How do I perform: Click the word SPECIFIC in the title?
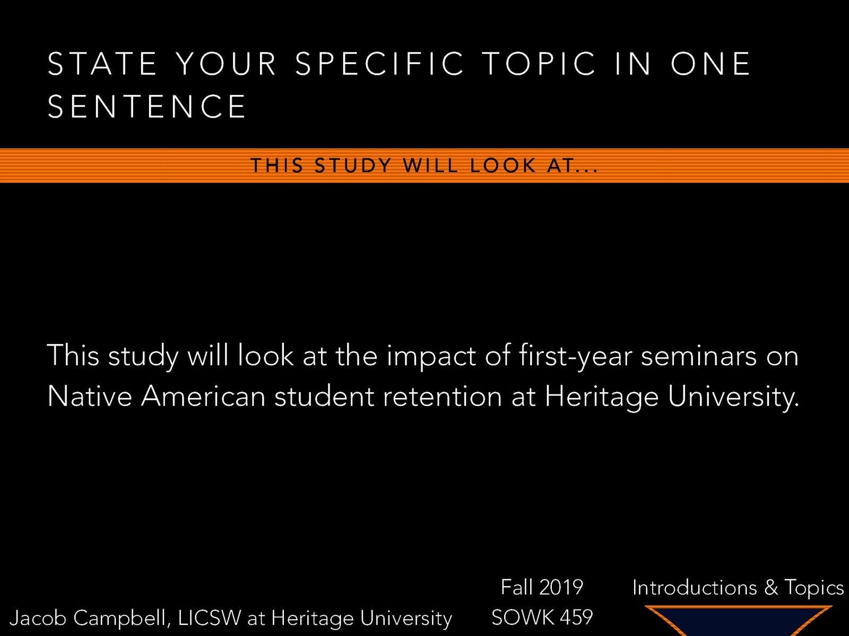coord(380,64)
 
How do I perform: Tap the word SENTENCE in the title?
coord(147,107)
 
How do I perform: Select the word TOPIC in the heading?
coord(540,64)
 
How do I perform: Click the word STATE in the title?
coord(102,64)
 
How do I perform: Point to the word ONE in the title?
coord(711,64)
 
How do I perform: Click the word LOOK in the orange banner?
coord(503,166)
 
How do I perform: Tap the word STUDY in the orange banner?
coord(353,166)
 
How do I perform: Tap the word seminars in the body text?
coord(698,356)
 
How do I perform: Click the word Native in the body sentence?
coord(89,396)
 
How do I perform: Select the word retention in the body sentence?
coord(442,396)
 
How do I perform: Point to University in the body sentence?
coord(733,396)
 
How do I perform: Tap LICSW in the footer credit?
coord(209,618)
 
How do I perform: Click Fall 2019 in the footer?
coord(542,587)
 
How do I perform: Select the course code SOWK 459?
coord(542,617)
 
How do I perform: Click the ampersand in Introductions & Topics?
coord(771,588)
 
